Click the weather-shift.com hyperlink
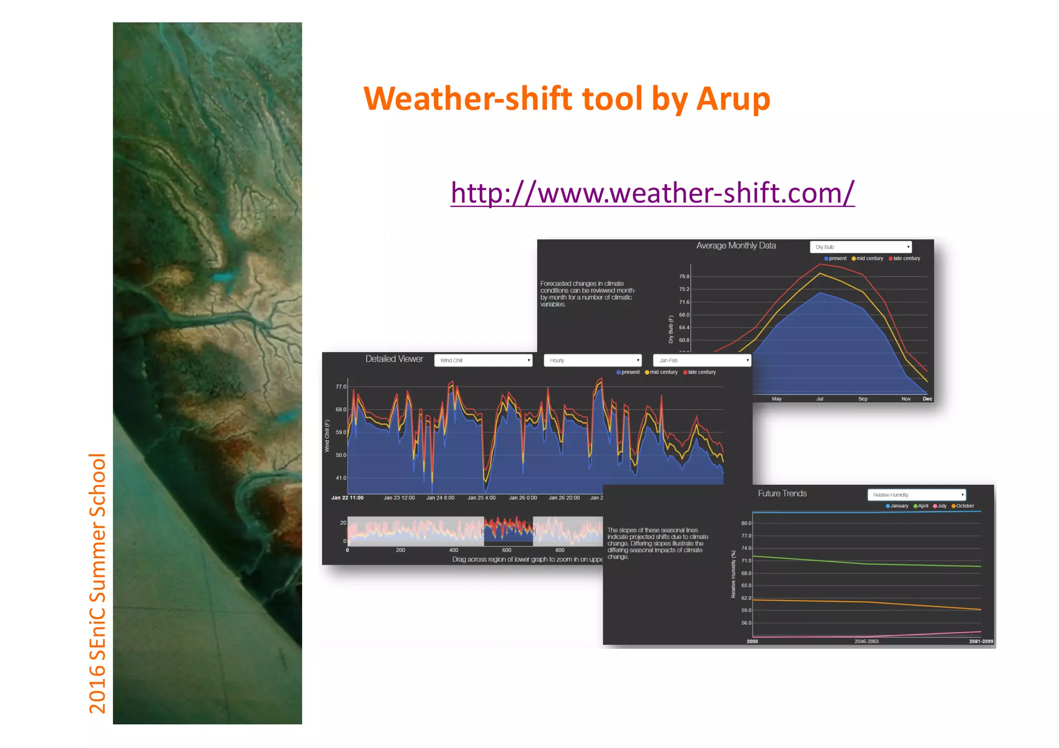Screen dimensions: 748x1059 click(x=652, y=193)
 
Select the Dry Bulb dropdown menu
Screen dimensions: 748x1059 click(x=860, y=247)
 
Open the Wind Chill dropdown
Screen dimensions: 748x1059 click(x=483, y=360)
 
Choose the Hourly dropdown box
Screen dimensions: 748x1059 click(x=593, y=360)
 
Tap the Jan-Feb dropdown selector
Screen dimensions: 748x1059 click(x=702, y=360)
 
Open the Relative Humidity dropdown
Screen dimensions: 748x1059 click(x=916, y=495)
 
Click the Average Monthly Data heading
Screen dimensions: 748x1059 click(x=736, y=246)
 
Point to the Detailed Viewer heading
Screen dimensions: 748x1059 click(x=394, y=359)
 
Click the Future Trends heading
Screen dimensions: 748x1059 click(x=782, y=494)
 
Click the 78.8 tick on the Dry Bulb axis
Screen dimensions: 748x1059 click(x=684, y=277)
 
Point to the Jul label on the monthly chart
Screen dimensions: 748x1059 click(x=820, y=399)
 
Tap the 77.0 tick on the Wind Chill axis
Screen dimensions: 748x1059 click(x=341, y=387)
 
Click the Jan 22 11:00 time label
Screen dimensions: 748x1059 click(x=347, y=498)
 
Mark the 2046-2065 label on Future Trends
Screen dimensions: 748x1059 click(x=866, y=642)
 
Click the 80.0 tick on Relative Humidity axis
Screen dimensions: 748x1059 click(x=746, y=523)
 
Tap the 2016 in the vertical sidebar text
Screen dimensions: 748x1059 click(x=98, y=689)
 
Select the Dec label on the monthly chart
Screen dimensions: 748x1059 click(x=927, y=399)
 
